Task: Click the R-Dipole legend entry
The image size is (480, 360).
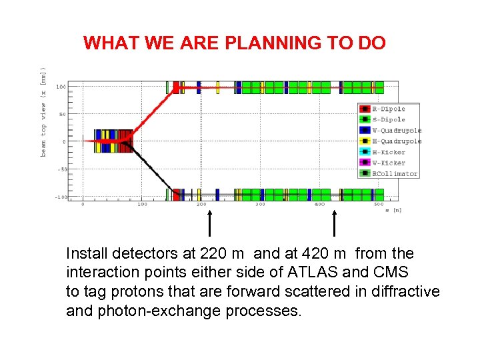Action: pyautogui.click(x=388, y=109)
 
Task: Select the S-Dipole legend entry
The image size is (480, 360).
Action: pyautogui.click(x=388, y=119)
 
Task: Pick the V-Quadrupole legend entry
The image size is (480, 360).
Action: pyautogui.click(x=396, y=130)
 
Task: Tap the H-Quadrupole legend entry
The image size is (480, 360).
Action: pyautogui.click(x=396, y=141)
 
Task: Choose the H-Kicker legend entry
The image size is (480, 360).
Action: pyautogui.click(x=388, y=152)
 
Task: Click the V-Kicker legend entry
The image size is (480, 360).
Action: pyautogui.click(x=388, y=163)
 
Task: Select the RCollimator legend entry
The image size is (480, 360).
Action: pyautogui.click(x=394, y=173)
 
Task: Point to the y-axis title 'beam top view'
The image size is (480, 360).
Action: pyautogui.click(x=44, y=111)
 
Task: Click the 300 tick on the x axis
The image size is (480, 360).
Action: pyautogui.click(x=260, y=204)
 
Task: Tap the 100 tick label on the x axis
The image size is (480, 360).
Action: pyautogui.click(x=142, y=204)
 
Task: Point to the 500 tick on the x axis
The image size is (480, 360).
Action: pyautogui.click(x=378, y=204)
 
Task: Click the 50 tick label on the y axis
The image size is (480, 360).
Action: pyautogui.click(x=61, y=115)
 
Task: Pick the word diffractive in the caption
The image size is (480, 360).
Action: pyautogui.click(x=405, y=292)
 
